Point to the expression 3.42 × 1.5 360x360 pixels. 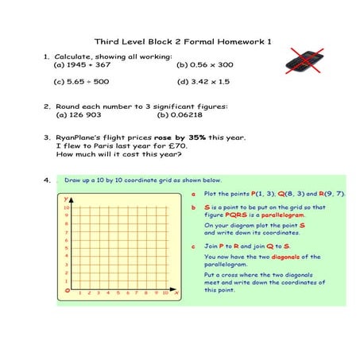pyautogui.click(x=207, y=81)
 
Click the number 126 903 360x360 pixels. pyautogui.click(x=83, y=114)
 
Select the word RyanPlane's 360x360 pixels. pyautogui.click(x=80, y=137)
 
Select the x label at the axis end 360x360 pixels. pyautogui.click(x=176, y=294)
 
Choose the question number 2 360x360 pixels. pyautogui.click(x=47, y=106)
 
